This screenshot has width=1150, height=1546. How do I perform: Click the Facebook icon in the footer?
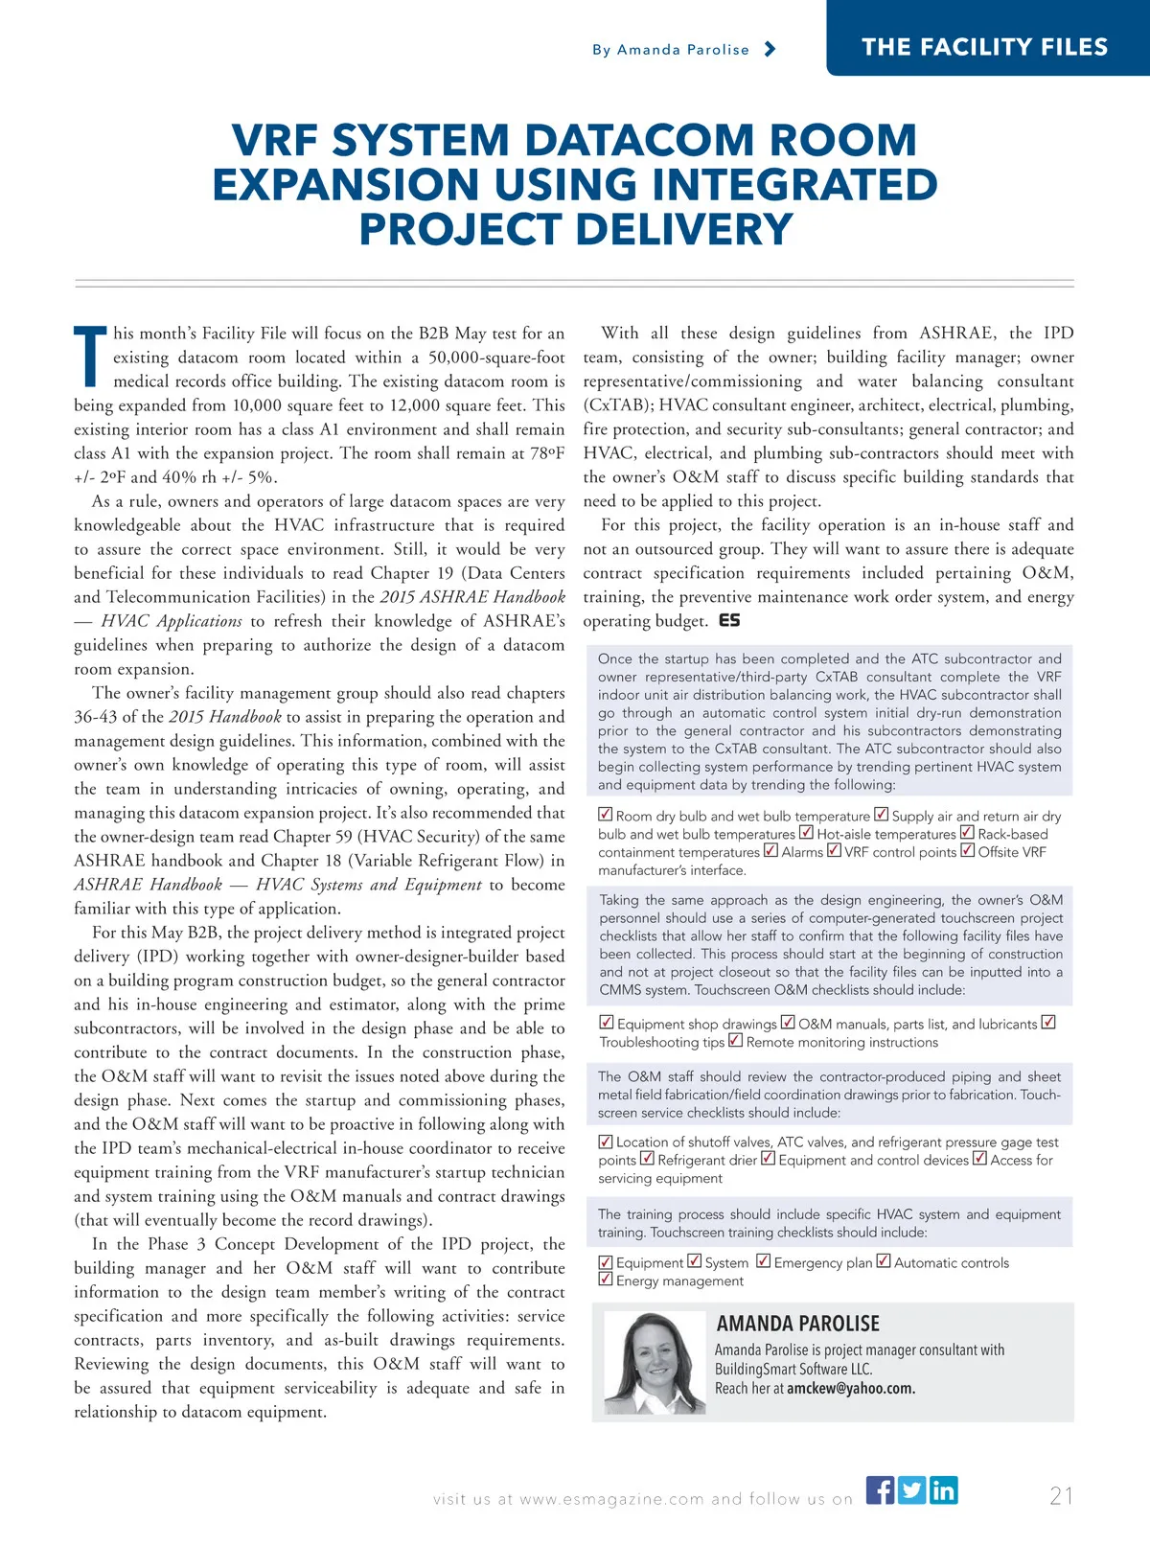pos(880,1490)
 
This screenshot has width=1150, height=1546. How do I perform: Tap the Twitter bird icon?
pos(911,1490)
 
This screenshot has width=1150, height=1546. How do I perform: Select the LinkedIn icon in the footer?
pos(943,1490)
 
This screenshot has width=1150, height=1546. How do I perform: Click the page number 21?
pos(1061,1496)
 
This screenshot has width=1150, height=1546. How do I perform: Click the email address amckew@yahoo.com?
pos(851,1388)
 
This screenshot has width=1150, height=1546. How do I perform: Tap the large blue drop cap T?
pos(91,358)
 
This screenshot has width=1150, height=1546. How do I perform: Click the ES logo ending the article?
pos(729,621)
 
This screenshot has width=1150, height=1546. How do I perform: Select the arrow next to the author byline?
pos(770,49)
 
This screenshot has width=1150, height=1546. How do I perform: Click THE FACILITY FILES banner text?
pos(984,47)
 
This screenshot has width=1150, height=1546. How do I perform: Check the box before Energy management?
pos(606,1280)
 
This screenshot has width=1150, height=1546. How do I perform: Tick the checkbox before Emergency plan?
pos(764,1261)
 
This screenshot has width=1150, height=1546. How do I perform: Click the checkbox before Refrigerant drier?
pos(647,1159)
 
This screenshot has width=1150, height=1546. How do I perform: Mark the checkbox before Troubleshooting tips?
pos(1048,1023)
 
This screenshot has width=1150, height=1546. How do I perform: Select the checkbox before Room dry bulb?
pos(606,815)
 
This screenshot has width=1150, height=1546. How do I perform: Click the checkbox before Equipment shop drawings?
pos(607,1023)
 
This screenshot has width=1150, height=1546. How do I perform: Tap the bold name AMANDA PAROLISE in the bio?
pos(797,1324)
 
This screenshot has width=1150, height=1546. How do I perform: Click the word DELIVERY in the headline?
pos(684,230)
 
